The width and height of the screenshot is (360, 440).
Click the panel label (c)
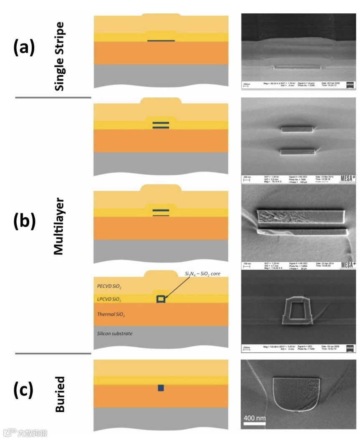pyautogui.click(x=24, y=390)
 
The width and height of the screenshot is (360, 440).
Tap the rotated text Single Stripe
pyautogui.click(x=59, y=56)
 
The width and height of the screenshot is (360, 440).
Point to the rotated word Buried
pyautogui.click(x=60, y=394)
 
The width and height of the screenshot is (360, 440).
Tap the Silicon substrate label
pyautogui.click(x=115, y=334)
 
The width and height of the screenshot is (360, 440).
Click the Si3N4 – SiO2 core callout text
pyautogui.click(x=202, y=274)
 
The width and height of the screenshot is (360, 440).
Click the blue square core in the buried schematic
pyautogui.click(x=161, y=388)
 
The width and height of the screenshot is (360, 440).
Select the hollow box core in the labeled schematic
pyautogui.click(x=161, y=299)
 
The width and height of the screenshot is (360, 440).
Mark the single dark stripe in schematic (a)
pyautogui.click(x=161, y=40)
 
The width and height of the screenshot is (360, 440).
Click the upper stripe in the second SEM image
pyautogui.click(x=297, y=129)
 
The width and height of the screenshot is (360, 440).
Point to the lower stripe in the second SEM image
pyautogui.click(x=297, y=152)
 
